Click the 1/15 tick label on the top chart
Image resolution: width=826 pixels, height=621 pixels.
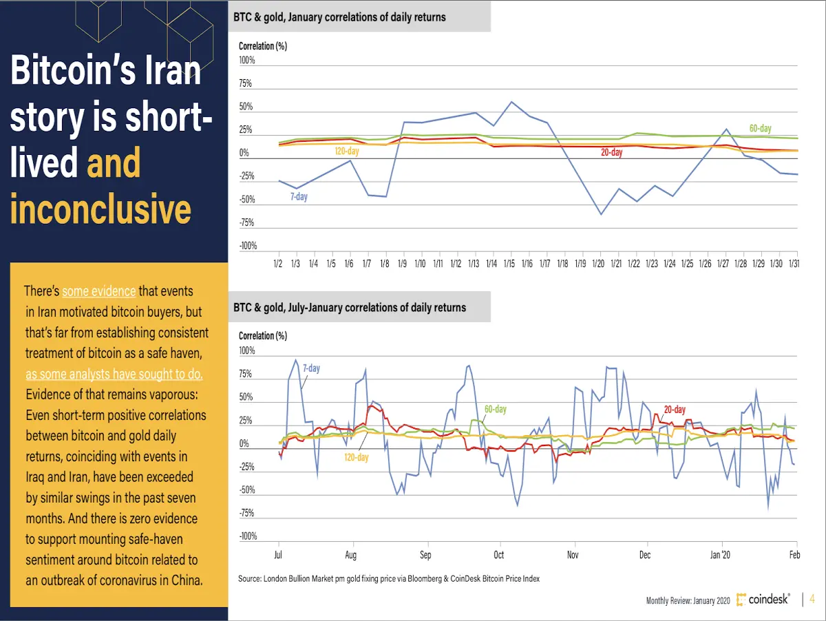(509, 264)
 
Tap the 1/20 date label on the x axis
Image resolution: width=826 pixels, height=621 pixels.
(598, 264)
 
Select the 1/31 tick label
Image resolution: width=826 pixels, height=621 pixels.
(794, 264)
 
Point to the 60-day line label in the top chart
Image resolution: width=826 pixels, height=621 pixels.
(760, 128)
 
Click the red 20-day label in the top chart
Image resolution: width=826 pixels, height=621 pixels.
(611, 152)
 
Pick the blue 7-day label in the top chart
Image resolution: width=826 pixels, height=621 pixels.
(299, 196)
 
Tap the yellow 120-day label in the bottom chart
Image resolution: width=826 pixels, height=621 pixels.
(357, 457)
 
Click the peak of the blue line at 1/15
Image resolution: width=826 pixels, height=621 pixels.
(511, 102)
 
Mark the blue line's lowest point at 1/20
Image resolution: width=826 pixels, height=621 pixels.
(601, 215)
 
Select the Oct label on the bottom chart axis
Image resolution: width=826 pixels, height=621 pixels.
(498, 555)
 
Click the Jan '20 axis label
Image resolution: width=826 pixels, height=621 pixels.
(720, 555)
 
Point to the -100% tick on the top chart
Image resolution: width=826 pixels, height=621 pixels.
(248, 246)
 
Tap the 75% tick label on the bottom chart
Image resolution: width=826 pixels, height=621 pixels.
(245, 374)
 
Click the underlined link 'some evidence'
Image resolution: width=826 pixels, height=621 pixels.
(99, 291)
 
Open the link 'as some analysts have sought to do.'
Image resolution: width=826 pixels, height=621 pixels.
(114, 374)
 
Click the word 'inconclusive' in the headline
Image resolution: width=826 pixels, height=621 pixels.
(101, 209)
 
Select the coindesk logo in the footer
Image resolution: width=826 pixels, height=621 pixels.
(763, 599)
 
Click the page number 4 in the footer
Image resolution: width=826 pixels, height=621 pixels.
(812, 599)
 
